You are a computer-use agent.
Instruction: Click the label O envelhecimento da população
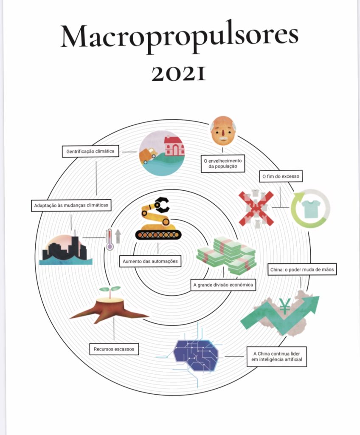tap(222, 164)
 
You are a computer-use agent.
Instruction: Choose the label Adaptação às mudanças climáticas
tap(71, 205)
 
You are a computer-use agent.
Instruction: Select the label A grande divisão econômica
tap(223, 285)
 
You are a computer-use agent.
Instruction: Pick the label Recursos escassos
tap(114, 349)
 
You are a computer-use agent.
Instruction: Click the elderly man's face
tap(223, 131)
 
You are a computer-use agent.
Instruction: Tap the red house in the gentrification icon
tap(174, 146)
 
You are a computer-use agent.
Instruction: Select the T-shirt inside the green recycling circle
tap(310, 208)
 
